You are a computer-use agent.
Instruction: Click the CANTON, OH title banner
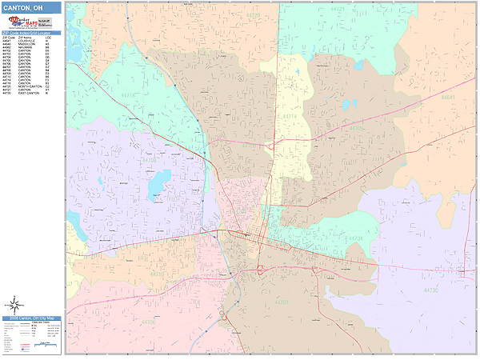pyautogui.click(x=32, y=8)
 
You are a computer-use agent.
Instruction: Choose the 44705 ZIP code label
pyautogui.click(x=357, y=128)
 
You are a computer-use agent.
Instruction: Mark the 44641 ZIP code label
pyautogui.click(x=448, y=97)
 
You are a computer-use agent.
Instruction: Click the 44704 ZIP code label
pyautogui.click(x=355, y=238)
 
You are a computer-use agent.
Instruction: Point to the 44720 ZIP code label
pyautogui.click(x=253, y=15)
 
